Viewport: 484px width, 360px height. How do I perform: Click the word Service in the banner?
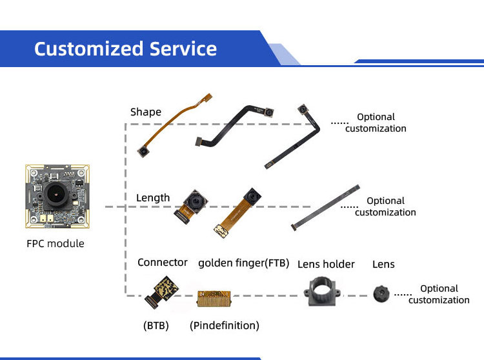183,48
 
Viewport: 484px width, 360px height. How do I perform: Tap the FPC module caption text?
55,243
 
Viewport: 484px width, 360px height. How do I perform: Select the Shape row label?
146,112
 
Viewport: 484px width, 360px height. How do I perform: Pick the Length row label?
153,197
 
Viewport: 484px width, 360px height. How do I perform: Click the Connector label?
163,262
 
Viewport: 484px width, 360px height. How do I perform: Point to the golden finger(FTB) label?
243,263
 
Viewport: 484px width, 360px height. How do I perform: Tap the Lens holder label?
326,263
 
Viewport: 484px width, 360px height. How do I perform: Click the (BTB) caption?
156,325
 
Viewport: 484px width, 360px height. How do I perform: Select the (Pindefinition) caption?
225,325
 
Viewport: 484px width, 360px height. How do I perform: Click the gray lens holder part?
323,294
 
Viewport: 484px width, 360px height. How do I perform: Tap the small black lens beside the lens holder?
381,294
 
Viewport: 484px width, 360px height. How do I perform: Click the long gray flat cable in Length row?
326,206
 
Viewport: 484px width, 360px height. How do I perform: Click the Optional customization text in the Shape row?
376,123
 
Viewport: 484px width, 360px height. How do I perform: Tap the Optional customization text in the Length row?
385,206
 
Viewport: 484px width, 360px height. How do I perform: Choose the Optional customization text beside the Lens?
439,294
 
